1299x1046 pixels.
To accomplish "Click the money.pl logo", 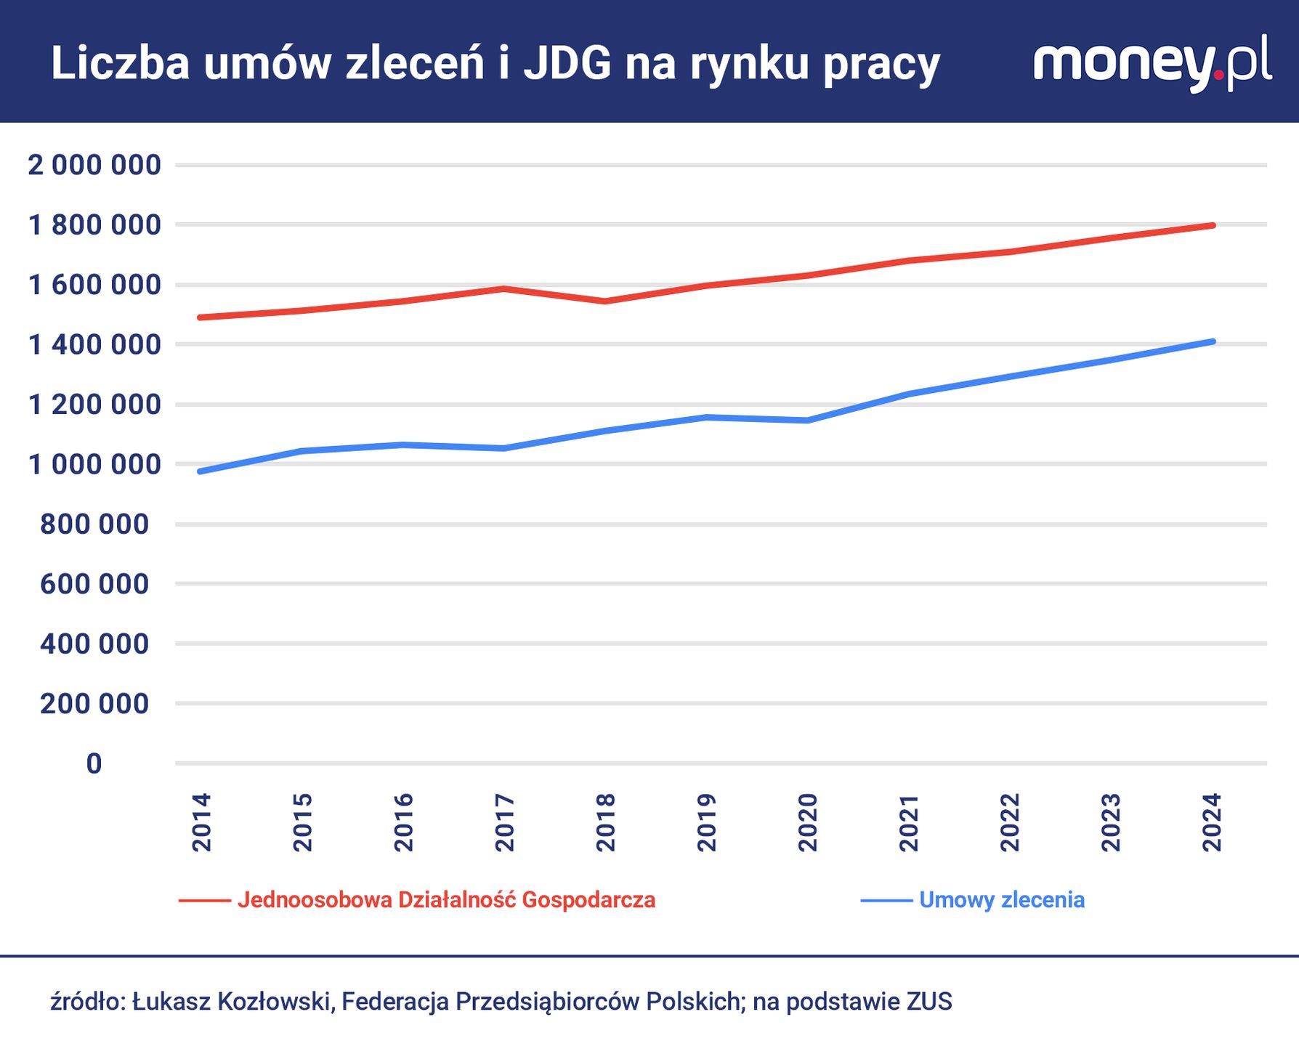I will pos(1152,64).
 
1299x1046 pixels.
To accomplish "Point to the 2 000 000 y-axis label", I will pos(94,166).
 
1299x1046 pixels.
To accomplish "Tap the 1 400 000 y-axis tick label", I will pos(94,345).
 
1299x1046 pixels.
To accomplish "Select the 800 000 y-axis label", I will pos(94,524).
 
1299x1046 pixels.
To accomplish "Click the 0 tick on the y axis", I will pos(94,764).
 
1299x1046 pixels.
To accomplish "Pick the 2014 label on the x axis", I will pos(201,822).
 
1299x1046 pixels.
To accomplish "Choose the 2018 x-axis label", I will pos(606,822).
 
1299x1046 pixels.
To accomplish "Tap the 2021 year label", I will pos(909,822).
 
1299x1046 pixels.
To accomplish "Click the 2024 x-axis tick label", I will pos(1212,822).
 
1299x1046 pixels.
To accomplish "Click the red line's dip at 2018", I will pos(606,301).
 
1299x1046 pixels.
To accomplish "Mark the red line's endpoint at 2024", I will pos(1213,225).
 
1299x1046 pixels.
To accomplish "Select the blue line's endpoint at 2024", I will pos(1213,341).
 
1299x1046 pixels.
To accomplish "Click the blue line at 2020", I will pos(807,420).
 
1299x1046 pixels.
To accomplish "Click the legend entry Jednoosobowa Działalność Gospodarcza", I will pos(446,900).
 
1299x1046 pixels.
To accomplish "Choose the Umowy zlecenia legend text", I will pos(1001,900).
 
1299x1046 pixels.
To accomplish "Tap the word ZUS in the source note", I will pos(928,1002).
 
